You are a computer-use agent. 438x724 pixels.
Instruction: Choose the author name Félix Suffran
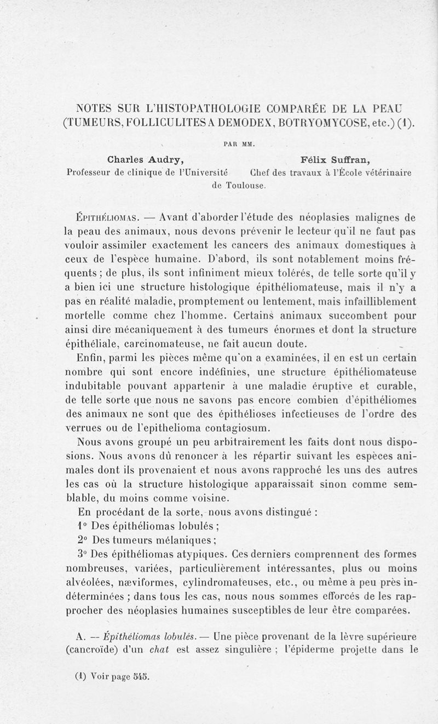point(336,160)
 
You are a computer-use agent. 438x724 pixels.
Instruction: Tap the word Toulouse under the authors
point(246,185)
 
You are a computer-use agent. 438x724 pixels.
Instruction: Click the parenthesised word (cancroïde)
point(96,651)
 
